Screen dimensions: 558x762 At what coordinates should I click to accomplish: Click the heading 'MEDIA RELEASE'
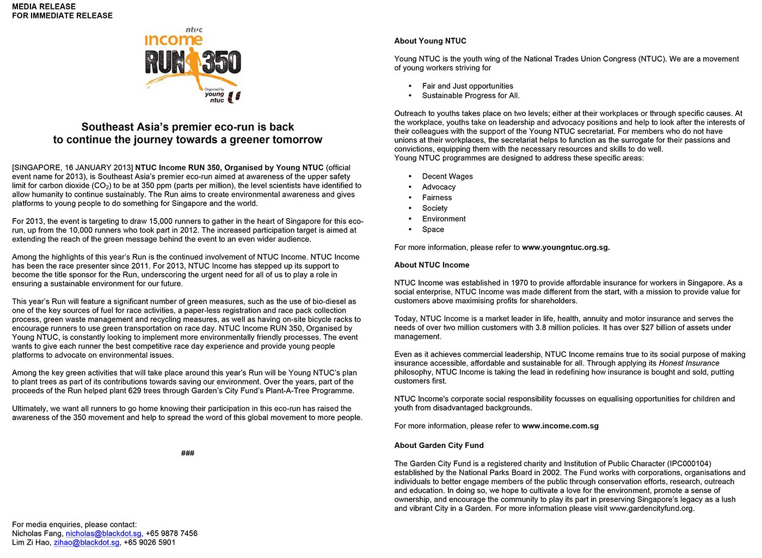pos(44,7)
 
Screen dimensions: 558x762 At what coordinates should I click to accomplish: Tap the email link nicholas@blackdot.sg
pos(103,533)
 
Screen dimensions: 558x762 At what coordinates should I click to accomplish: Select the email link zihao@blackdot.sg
pos(87,543)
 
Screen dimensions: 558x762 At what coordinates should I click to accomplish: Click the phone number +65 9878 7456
pos(171,533)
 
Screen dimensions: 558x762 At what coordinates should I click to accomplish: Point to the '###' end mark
pos(188,453)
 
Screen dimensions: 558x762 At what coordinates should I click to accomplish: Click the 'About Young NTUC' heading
pos(430,41)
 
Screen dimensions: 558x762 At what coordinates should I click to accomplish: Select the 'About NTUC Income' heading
pos(432,265)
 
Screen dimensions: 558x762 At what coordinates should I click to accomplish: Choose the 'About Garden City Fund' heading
pos(439,445)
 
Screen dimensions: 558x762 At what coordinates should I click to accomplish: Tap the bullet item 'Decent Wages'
pos(447,177)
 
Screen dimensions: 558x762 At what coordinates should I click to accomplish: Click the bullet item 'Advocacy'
pos(439,187)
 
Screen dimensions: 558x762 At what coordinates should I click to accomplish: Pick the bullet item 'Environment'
pos(444,219)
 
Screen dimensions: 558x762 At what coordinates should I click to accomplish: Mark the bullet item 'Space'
pos(433,229)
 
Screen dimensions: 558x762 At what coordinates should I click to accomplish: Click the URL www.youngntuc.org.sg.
pos(566,247)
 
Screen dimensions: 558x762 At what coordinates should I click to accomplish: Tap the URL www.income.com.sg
pos(560,426)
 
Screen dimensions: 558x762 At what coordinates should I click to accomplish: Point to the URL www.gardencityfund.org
pos(652,509)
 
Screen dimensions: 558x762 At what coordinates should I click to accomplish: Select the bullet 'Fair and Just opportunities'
pos(468,86)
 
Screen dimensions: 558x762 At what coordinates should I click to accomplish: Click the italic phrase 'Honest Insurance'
pos(689,363)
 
